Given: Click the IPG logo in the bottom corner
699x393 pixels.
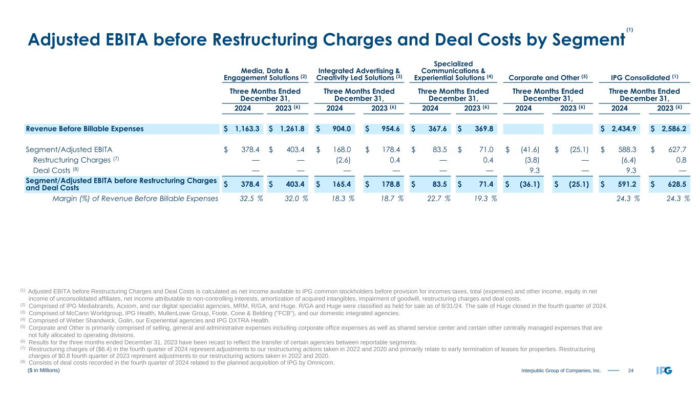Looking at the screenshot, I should click(x=664, y=370).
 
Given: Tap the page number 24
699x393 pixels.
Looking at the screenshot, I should click(x=631, y=370).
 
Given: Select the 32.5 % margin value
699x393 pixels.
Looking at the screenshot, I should click(x=247, y=199).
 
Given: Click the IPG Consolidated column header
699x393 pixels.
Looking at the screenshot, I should click(x=644, y=78).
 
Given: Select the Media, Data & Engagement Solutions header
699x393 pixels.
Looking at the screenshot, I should click(x=265, y=74).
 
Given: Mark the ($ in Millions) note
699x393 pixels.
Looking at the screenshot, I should click(x=44, y=369).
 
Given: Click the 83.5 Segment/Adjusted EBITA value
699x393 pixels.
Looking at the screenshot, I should click(x=439, y=150).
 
